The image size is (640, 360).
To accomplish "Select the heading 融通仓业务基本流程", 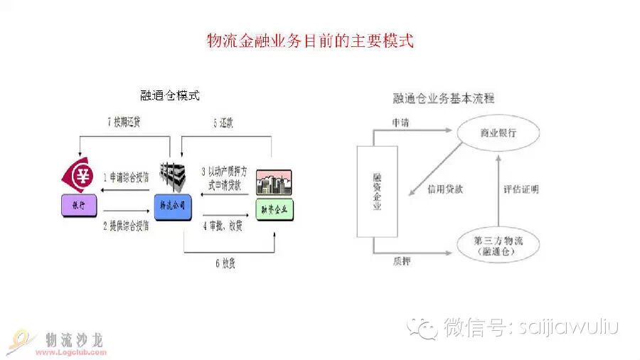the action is [444, 98].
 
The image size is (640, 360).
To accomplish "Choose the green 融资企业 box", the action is [274, 210].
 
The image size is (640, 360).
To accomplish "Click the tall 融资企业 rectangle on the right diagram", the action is [378, 192].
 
